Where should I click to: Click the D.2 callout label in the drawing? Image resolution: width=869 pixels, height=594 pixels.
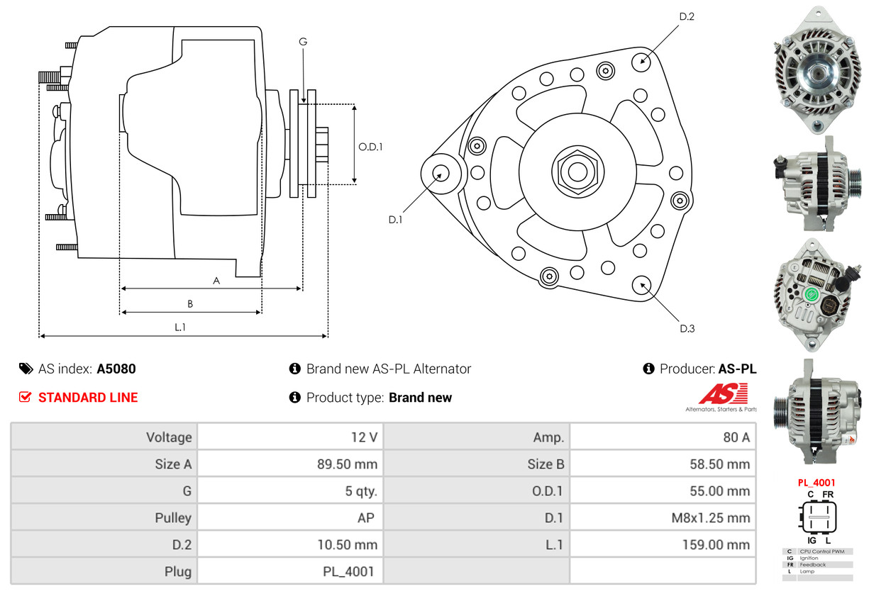686,16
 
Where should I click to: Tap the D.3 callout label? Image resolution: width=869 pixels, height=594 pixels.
687,328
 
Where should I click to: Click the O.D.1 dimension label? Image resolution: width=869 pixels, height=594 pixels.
370,147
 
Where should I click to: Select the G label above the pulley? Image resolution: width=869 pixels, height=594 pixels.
303,42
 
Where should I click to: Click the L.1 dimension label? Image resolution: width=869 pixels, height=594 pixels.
180,327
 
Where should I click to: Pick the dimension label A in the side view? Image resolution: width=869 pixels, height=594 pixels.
216,281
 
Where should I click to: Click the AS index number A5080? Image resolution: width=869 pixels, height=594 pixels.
116,369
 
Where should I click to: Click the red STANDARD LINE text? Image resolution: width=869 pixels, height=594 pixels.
88,398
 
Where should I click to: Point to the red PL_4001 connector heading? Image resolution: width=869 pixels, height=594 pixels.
816,483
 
